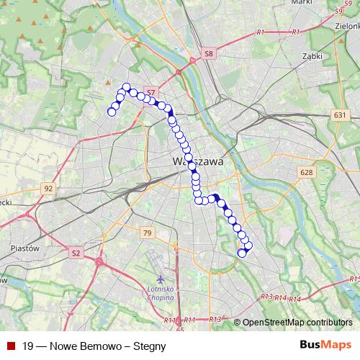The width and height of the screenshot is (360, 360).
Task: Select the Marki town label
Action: [300, 3]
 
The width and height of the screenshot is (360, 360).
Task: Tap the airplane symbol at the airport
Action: [160, 278]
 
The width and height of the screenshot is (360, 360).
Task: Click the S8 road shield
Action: [209, 53]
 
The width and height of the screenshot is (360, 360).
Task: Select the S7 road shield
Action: [150, 92]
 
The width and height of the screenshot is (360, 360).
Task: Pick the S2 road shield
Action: [76, 253]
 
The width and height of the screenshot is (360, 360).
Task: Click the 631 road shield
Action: [340, 115]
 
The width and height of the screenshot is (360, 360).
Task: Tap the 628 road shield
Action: [307, 172]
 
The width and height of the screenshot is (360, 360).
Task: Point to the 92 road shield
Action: [48, 188]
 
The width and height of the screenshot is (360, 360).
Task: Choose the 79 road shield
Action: [147, 233]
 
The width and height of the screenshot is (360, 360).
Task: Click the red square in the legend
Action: [9, 346]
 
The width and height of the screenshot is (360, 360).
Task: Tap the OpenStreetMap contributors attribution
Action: [297, 323]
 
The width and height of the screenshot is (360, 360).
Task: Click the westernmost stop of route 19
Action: [112, 111]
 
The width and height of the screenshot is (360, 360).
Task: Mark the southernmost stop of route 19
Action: [243, 253]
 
